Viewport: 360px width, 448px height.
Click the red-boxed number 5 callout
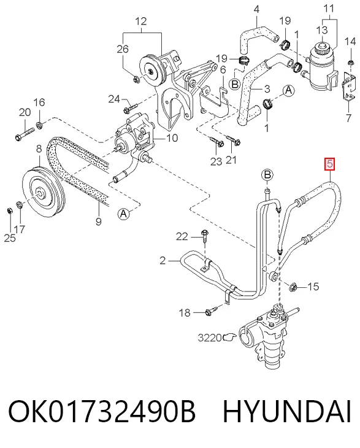point(329,164)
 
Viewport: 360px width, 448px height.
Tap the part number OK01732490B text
point(102,411)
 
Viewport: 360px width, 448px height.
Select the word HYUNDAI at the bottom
point(286,411)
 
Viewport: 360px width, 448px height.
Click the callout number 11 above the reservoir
point(329,8)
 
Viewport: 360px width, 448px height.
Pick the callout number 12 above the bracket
point(141,21)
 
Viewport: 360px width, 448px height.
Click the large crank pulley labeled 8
point(44,193)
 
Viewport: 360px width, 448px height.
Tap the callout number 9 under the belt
point(99,221)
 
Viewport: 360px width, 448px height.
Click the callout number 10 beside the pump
point(172,138)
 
